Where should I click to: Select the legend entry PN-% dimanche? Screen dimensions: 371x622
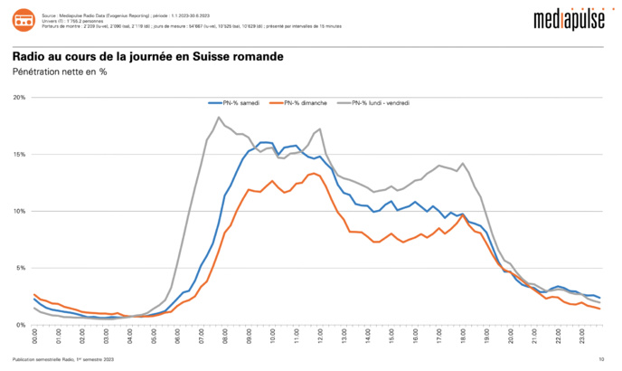click(x=302, y=103)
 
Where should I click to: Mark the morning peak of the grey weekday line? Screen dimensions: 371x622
click(x=219, y=118)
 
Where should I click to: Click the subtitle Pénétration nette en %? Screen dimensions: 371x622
click(x=60, y=71)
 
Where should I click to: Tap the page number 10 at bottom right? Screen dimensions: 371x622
click(x=601, y=360)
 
